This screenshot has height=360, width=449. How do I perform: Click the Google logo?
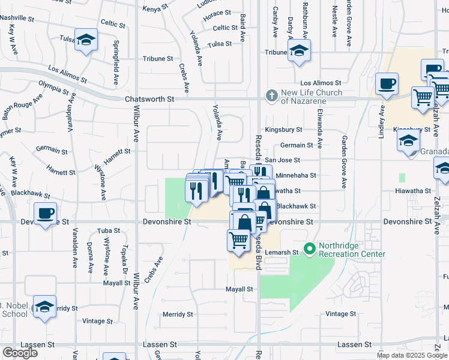pos(20,353)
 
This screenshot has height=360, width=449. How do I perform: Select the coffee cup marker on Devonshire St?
pos(46,214)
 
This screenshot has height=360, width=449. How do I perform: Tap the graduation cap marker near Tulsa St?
pos(86,40)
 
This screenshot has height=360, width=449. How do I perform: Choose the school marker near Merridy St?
pos(44,307)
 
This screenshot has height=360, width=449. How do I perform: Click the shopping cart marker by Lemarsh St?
pos(238,241)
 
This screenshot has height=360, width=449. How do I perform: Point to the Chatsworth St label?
pos(149,99)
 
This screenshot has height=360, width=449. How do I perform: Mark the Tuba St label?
pos(109,230)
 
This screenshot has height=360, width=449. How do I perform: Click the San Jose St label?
pos(282,160)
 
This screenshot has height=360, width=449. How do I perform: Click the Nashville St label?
pos(18,18)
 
